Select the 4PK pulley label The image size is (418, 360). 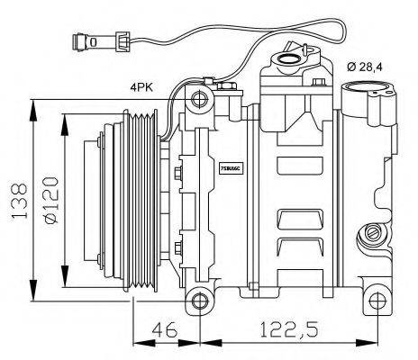[x=142, y=88]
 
